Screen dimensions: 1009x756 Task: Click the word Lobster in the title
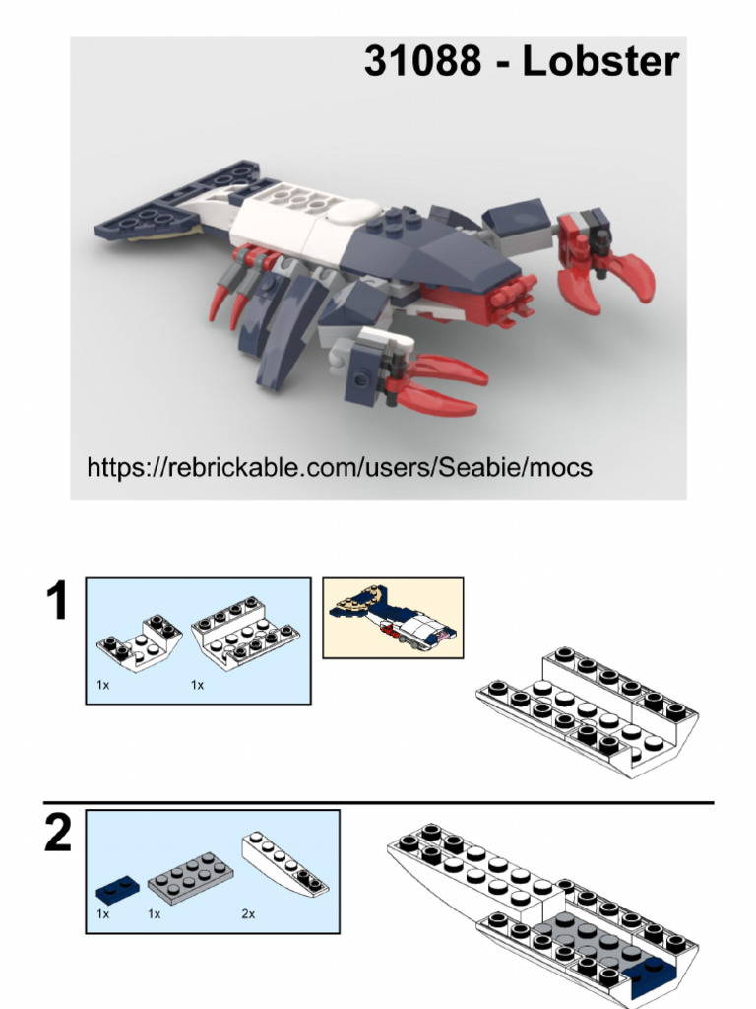coord(599,62)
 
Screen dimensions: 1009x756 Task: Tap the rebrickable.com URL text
coord(340,466)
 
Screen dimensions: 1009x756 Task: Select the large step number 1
coord(58,602)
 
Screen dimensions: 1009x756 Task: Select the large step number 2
coord(58,835)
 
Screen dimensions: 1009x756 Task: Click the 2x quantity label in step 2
coord(248,914)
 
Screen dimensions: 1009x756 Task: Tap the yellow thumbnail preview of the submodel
coord(393,618)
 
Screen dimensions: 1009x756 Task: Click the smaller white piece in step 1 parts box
coord(139,643)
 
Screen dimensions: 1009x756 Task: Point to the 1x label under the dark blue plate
coord(102,914)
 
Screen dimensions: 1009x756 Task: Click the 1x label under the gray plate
coord(154,914)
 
